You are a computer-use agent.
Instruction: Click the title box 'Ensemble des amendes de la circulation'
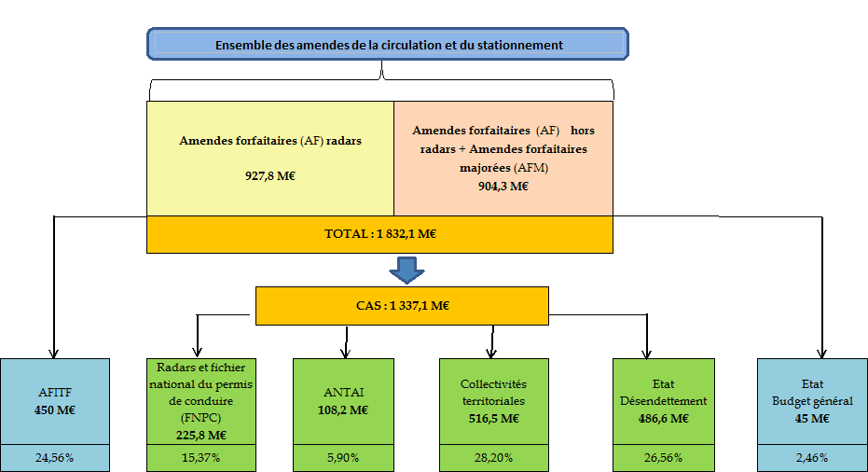coord(388,44)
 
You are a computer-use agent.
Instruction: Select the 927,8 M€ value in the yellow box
coord(270,174)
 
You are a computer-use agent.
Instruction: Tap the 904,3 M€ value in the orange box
coord(503,186)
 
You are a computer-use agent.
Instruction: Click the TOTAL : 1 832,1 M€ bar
coord(379,234)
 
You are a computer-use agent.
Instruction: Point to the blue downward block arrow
coord(406,270)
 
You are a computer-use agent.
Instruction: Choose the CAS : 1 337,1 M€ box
coord(402,305)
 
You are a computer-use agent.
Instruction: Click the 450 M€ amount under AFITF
coord(55,410)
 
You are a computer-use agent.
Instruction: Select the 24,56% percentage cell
coord(55,458)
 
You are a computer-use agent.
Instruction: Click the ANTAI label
coord(344,392)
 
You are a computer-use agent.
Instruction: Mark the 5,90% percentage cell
coord(344,458)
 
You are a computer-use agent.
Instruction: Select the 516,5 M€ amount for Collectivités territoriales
coord(493,418)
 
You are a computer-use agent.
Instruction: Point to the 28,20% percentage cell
coord(493,458)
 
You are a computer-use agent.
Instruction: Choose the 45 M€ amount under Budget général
coord(812,418)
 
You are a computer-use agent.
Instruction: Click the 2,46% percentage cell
coord(812,458)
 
